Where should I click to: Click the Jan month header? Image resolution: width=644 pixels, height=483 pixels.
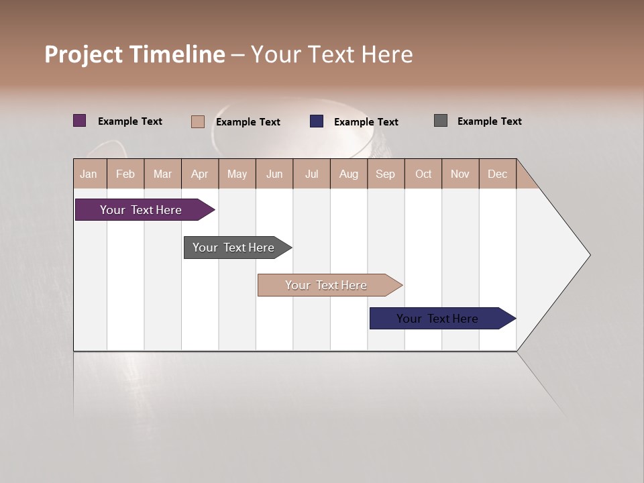coord(89,174)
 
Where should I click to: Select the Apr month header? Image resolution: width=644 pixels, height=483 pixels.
coord(200,174)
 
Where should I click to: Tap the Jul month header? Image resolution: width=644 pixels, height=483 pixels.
coord(311,174)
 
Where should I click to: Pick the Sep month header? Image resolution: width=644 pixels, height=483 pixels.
coord(385,174)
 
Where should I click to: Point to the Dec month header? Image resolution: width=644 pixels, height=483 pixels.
coord(497,174)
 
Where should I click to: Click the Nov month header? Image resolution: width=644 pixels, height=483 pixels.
coord(460,174)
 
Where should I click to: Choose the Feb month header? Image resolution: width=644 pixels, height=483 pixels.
coord(125,174)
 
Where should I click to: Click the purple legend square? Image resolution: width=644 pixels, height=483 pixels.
coord(80,121)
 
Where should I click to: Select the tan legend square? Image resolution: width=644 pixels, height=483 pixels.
coord(198,121)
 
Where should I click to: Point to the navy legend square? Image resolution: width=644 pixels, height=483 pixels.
coord(317,121)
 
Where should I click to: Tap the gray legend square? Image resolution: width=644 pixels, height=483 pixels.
coord(441,121)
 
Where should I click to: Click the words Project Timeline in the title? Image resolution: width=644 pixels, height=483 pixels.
coord(135,54)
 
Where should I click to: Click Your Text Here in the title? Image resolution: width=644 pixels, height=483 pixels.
coord(332,54)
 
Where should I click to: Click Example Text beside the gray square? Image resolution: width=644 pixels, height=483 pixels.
coord(489,121)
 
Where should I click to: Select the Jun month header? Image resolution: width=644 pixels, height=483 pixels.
coord(274,174)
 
